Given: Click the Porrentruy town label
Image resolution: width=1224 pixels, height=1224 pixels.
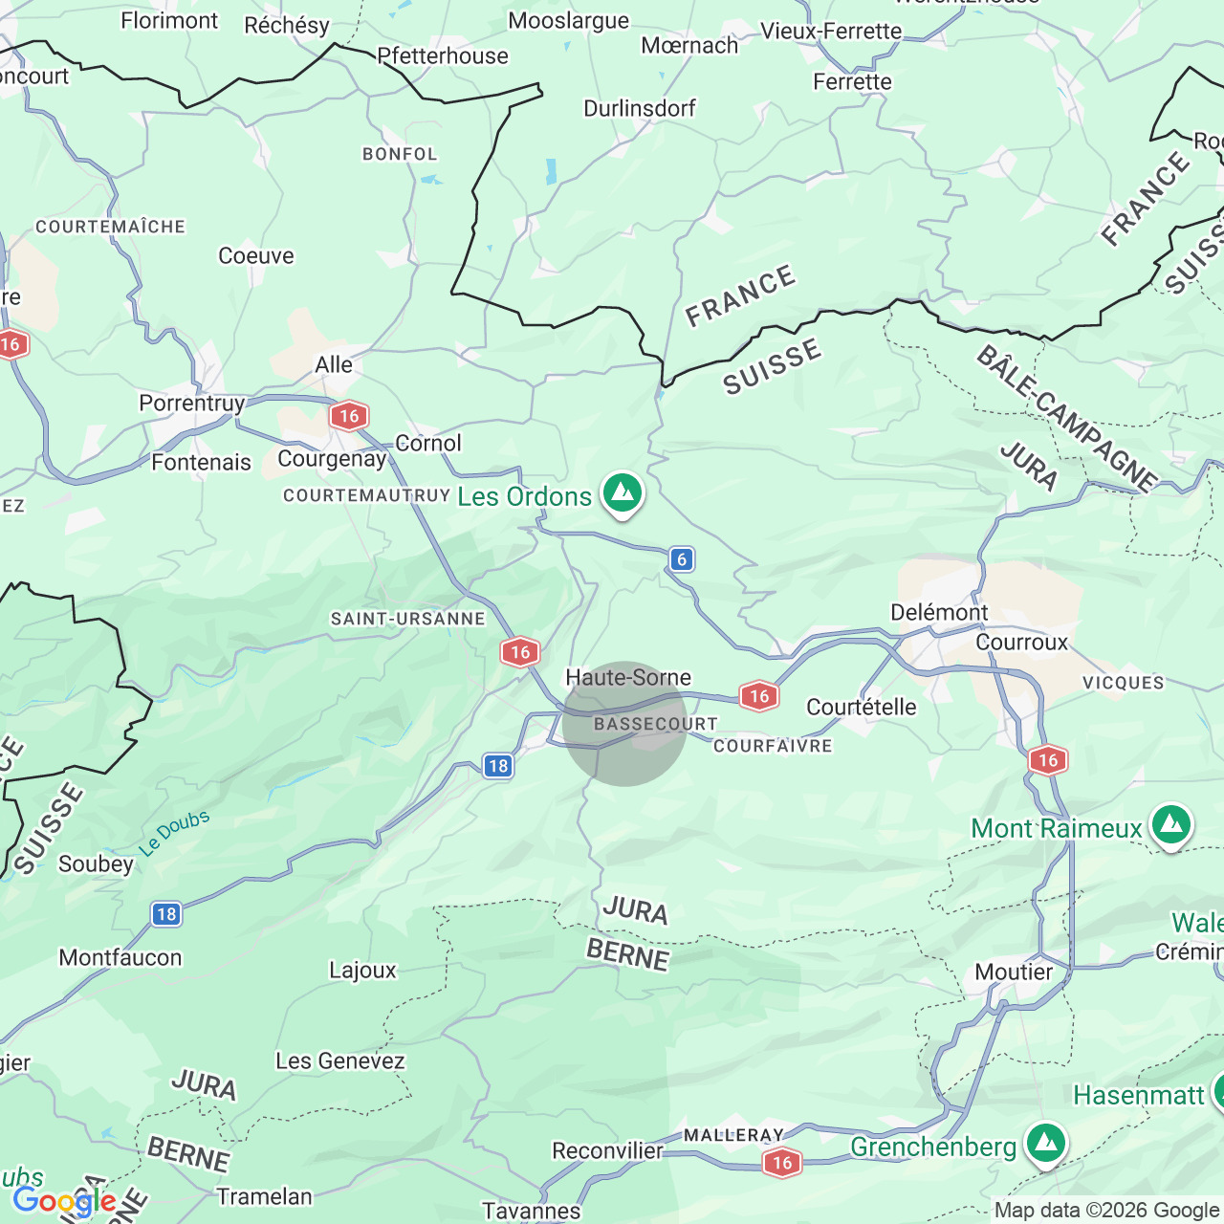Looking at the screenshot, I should click(x=192, y=403).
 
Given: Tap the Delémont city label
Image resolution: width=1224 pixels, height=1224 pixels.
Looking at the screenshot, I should click(x=939, y=612).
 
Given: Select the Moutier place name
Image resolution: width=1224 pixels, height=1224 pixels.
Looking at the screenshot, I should click(x=1014, y=972).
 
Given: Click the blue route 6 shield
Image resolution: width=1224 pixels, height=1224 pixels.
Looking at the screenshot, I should click(x=681, y=559).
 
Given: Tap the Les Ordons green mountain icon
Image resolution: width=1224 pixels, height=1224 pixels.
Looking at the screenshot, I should click(x=623, y=493).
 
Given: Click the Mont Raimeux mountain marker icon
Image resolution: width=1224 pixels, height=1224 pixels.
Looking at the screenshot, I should click(x=1171, y=825).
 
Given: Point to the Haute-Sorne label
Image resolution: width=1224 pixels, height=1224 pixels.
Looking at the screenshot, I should click(x=628, y=677).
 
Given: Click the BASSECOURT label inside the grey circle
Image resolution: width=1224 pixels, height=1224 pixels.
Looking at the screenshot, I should click(x=656, y=724).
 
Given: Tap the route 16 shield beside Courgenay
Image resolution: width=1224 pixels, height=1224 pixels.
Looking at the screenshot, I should click(x=349, y=415).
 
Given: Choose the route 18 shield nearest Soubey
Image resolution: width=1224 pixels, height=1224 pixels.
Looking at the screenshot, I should click(x=166, y=913).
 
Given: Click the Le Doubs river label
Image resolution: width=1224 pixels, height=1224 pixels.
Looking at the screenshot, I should click(x=174, y=833).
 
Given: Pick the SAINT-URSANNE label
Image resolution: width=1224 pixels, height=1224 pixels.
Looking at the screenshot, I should click(x=408, y=619).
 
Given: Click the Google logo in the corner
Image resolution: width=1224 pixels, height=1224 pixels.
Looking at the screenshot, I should click(x=64, y=1201).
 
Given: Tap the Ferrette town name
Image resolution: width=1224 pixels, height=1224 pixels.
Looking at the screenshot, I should click(x=852, y=81).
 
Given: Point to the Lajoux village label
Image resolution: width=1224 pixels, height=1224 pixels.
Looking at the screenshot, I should click(x=362, y=970).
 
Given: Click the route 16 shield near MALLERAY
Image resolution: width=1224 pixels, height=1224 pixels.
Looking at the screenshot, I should click(x=781, y=1162).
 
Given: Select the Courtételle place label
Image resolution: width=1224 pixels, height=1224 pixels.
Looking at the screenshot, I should click(x=861, y=707).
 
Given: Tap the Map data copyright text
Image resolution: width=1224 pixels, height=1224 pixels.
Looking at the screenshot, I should click(x=1106, y=1211).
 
